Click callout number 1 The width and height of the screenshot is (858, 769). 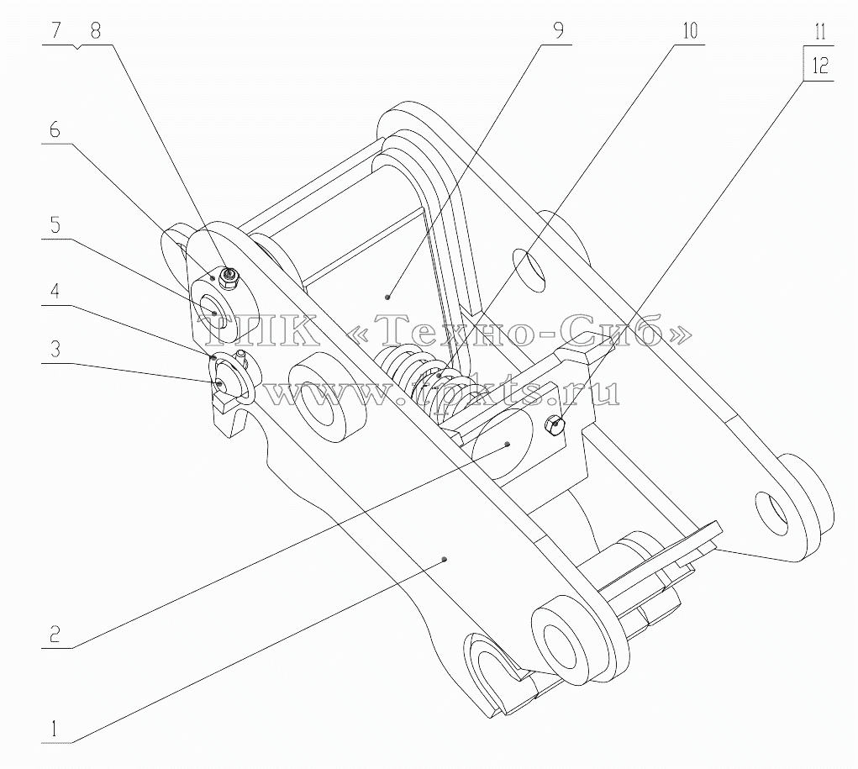click(54, 729)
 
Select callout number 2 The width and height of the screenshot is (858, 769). click(55, 634)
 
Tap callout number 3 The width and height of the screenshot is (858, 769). click(55, 349)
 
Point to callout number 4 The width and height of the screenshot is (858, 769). click(55, 291)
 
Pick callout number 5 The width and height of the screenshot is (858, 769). click(55, 225)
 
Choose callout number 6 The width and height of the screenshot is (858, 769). click(55, 130)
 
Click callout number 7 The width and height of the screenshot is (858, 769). click(57, 30)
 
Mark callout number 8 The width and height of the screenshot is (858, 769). click(95, 30)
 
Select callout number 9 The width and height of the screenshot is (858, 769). click(558, 30)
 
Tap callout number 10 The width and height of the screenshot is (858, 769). click(690, 30)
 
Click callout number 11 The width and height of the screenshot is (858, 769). click(819, 32)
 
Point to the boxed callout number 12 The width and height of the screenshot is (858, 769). click(819, 66)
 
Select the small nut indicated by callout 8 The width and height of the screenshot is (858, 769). click(227, 277)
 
